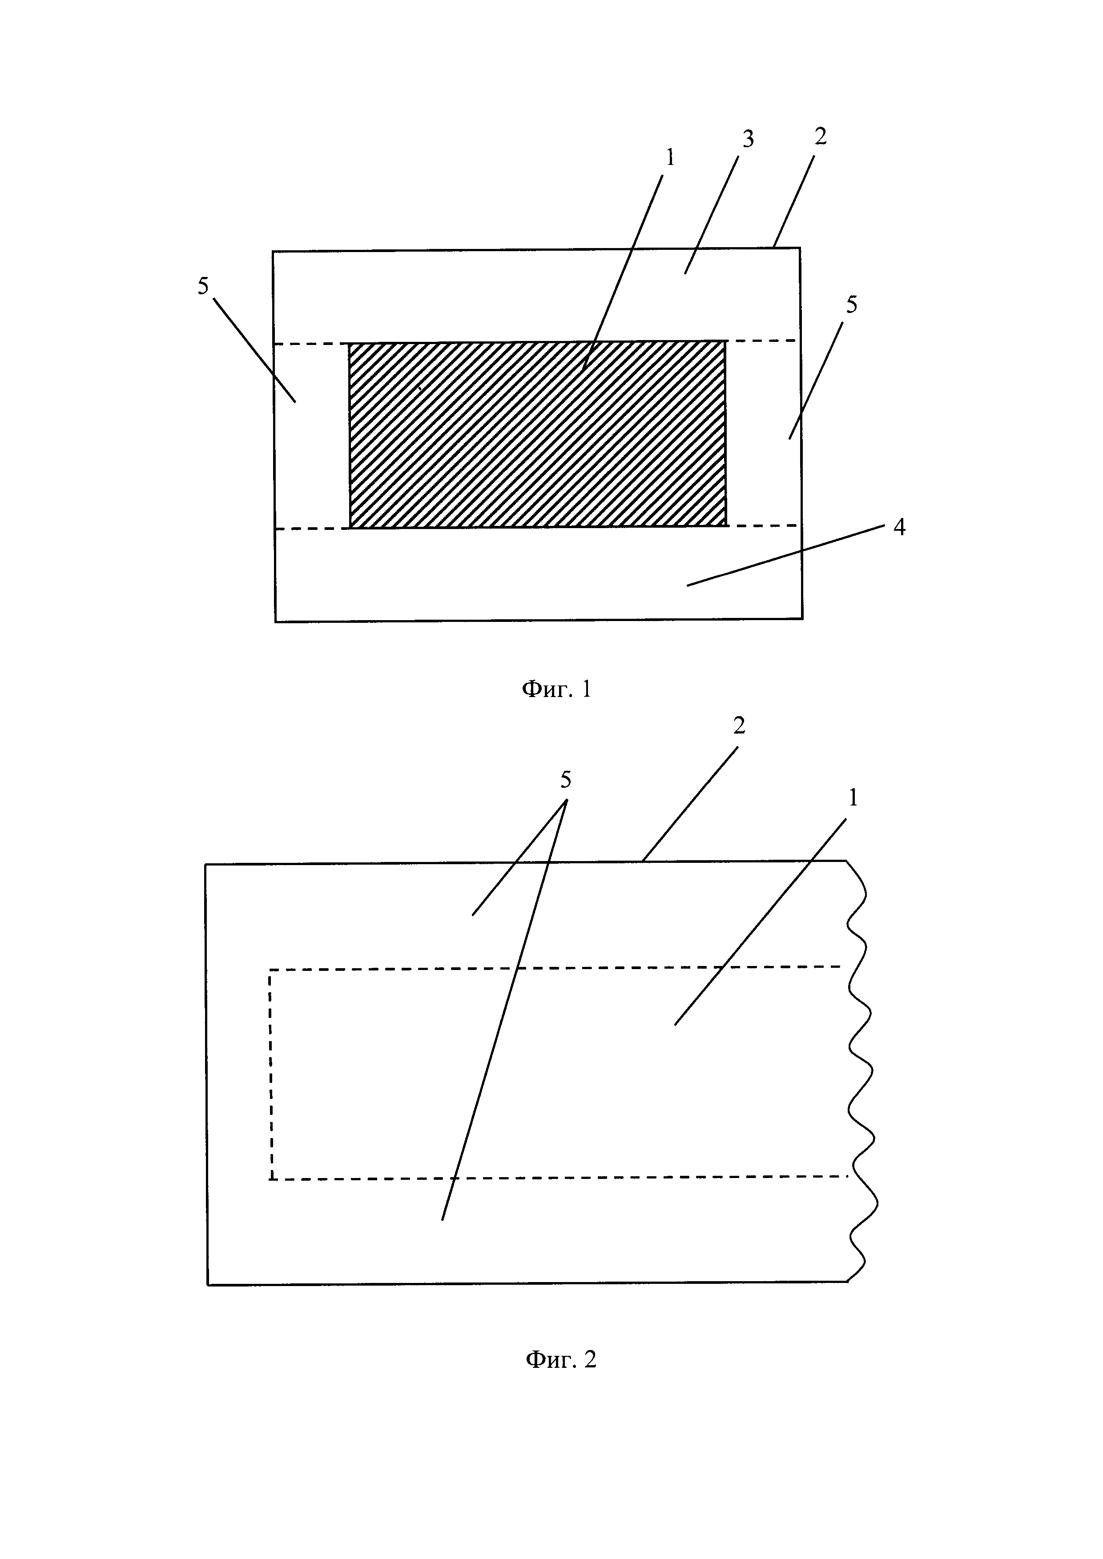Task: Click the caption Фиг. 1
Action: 556,690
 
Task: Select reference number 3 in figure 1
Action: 747,139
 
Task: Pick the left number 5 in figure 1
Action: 203,286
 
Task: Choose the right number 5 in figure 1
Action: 851,305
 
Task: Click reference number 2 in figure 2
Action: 739,726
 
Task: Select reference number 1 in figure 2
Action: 853,798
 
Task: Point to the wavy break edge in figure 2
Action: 861,1073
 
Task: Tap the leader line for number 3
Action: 713,211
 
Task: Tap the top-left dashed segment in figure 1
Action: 311,344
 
